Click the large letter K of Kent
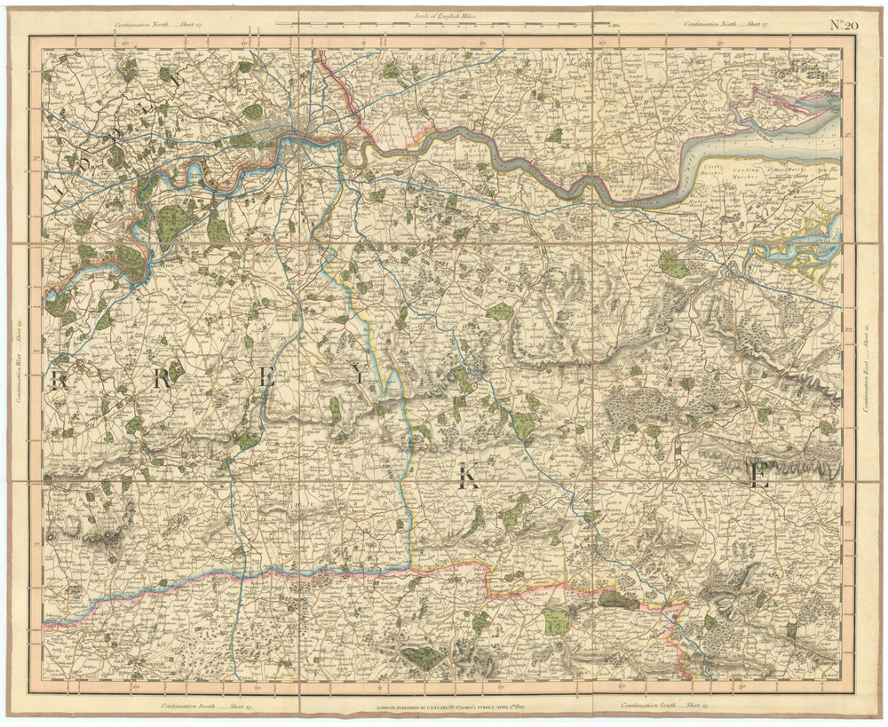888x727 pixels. tap(467, 480)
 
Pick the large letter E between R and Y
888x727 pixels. tap(266, 377)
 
